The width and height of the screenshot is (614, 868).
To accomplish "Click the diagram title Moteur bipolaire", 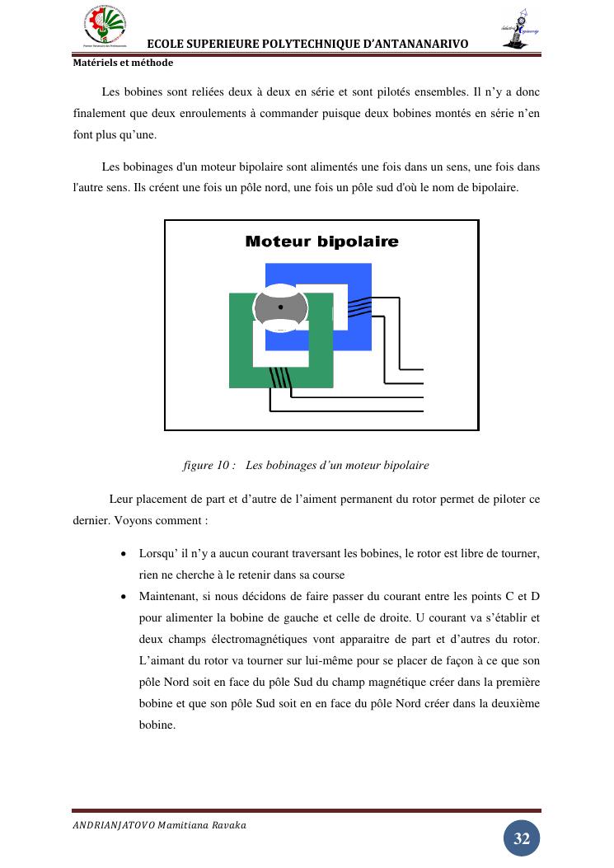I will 321,242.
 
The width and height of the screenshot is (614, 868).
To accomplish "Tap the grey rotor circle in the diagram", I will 280,307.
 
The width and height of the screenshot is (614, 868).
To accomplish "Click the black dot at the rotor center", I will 280,307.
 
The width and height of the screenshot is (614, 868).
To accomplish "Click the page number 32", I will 522,839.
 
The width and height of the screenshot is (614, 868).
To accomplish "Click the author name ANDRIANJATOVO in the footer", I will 113,825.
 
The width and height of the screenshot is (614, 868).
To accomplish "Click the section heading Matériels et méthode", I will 123,63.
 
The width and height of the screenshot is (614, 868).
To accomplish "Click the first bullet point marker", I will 124,554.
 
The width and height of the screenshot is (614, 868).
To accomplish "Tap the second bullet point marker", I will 124,597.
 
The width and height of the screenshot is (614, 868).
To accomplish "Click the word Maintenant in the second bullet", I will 170,596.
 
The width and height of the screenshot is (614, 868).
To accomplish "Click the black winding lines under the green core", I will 280,377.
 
